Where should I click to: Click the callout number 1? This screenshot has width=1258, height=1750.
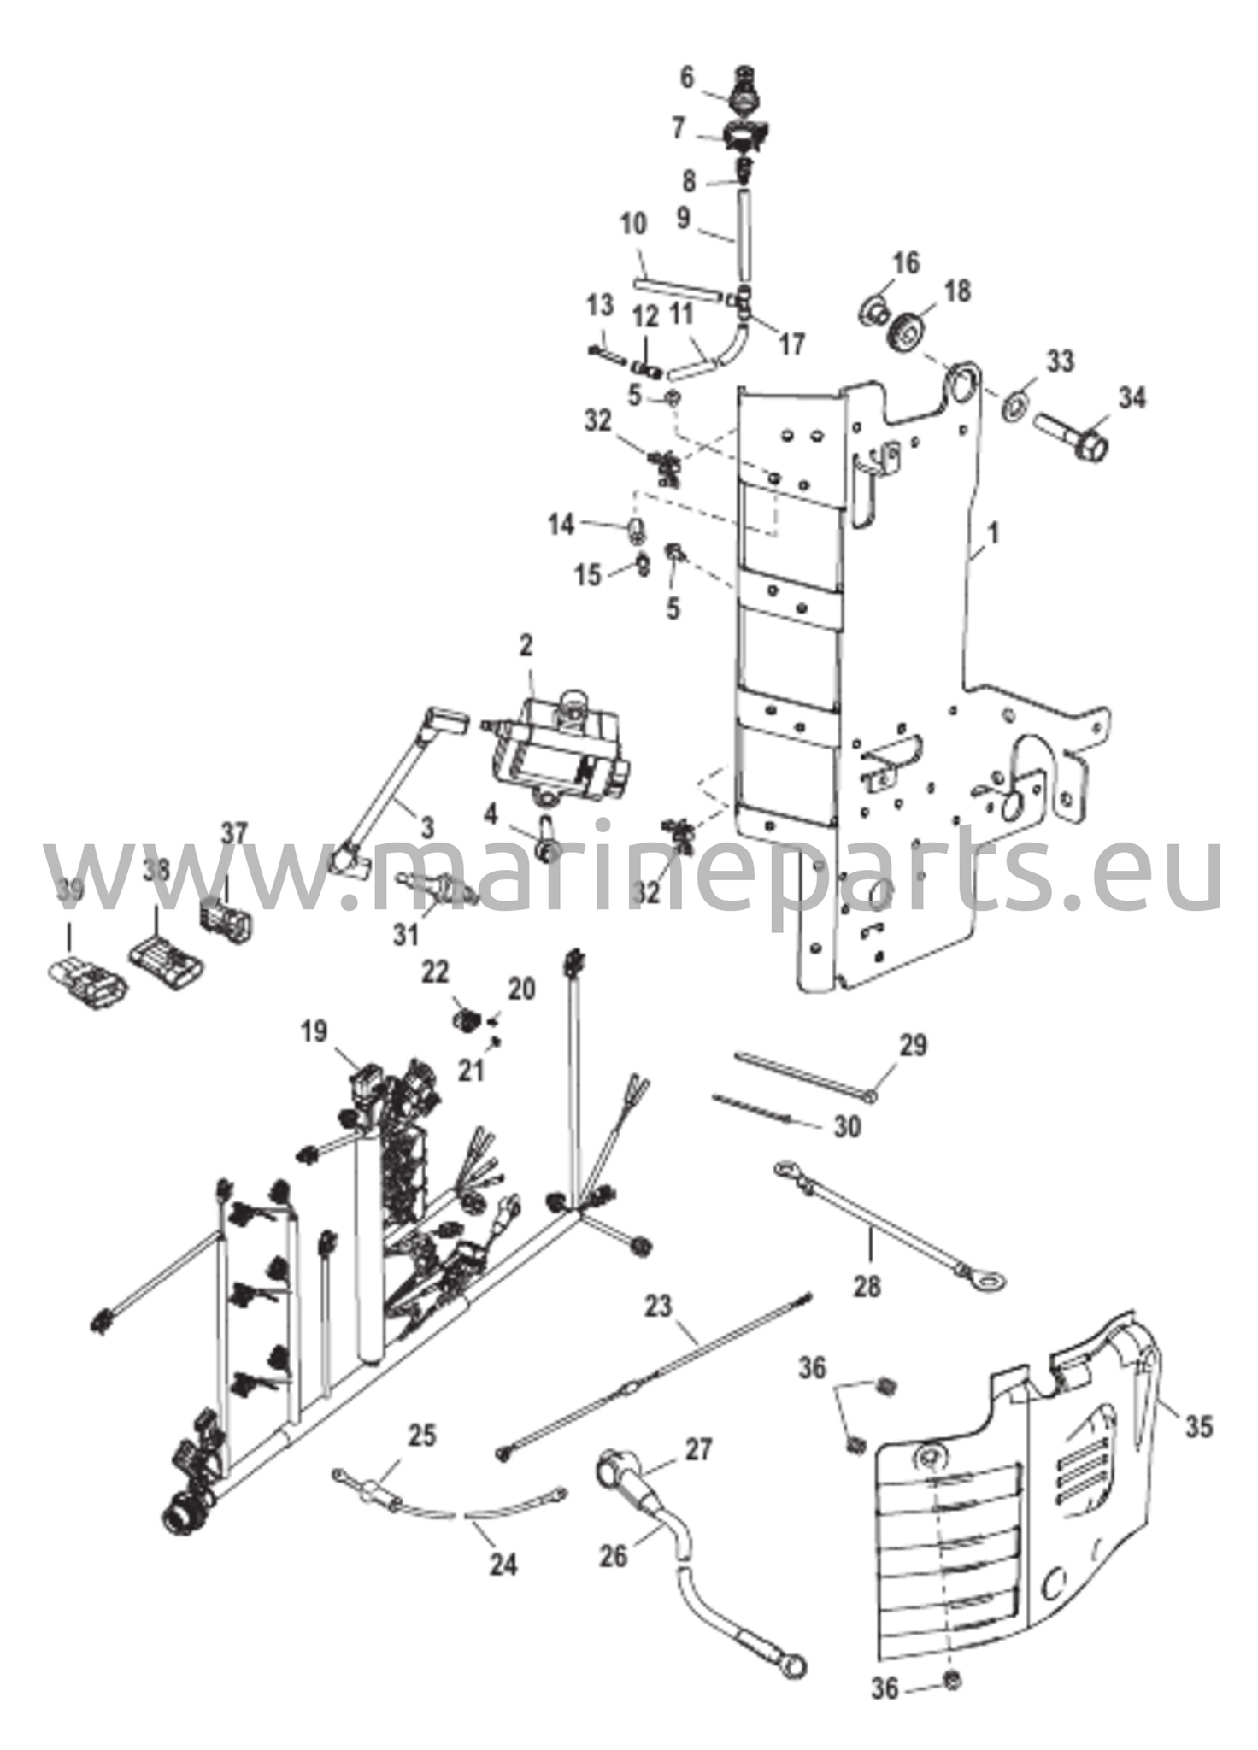(992, 534)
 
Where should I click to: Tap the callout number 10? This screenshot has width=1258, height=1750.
(634, 226)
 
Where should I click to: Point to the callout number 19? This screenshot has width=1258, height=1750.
(314, 1031)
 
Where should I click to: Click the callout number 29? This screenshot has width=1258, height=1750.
(913, 1044)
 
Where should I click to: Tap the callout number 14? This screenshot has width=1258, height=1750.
(561, 525)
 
